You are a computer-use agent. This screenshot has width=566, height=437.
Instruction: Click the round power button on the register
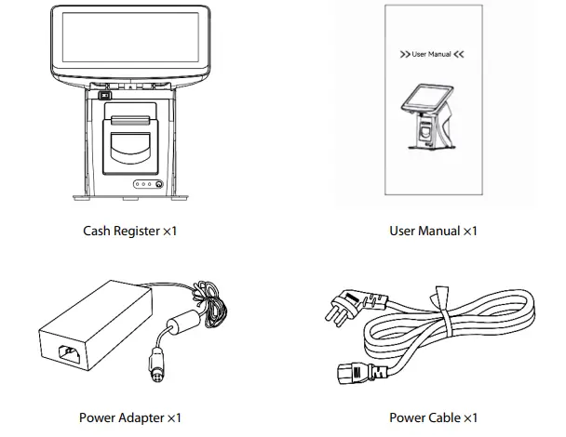[158, 185]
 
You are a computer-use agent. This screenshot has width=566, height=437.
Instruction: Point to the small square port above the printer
[103, 95]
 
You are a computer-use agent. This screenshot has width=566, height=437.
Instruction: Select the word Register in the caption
[138, 231]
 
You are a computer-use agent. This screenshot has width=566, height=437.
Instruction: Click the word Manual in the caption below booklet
[438, 231]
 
